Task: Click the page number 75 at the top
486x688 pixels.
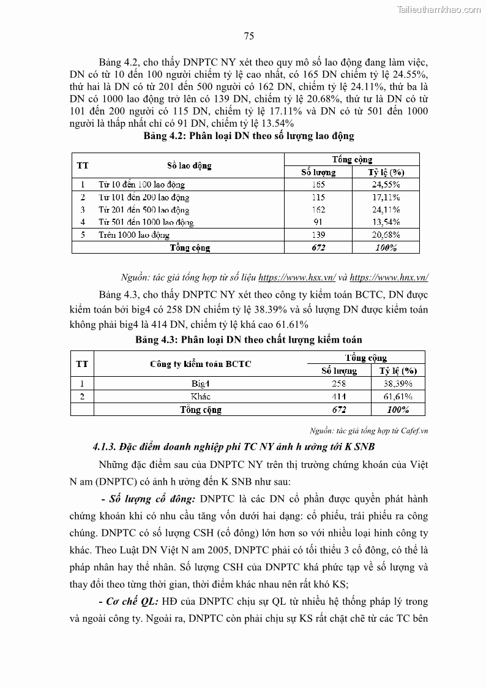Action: (249, 36)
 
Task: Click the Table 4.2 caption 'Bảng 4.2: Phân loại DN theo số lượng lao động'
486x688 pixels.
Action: (249, 135)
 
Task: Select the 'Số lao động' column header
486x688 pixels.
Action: (189, 165)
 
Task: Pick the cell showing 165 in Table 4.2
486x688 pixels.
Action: (318, 184)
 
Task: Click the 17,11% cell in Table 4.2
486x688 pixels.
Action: (386, 197)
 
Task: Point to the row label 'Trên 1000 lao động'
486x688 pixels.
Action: (134, 235)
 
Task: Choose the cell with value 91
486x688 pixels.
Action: (318, 222)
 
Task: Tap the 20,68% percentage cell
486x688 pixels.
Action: (386, 235)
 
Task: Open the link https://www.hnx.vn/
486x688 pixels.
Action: (389, 276)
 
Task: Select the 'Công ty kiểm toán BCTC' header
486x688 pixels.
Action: (201, 364)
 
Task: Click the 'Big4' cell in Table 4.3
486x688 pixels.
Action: (201, 384)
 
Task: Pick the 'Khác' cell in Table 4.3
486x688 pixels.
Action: (201, 396)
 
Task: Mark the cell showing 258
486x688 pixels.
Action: (338, 384)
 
